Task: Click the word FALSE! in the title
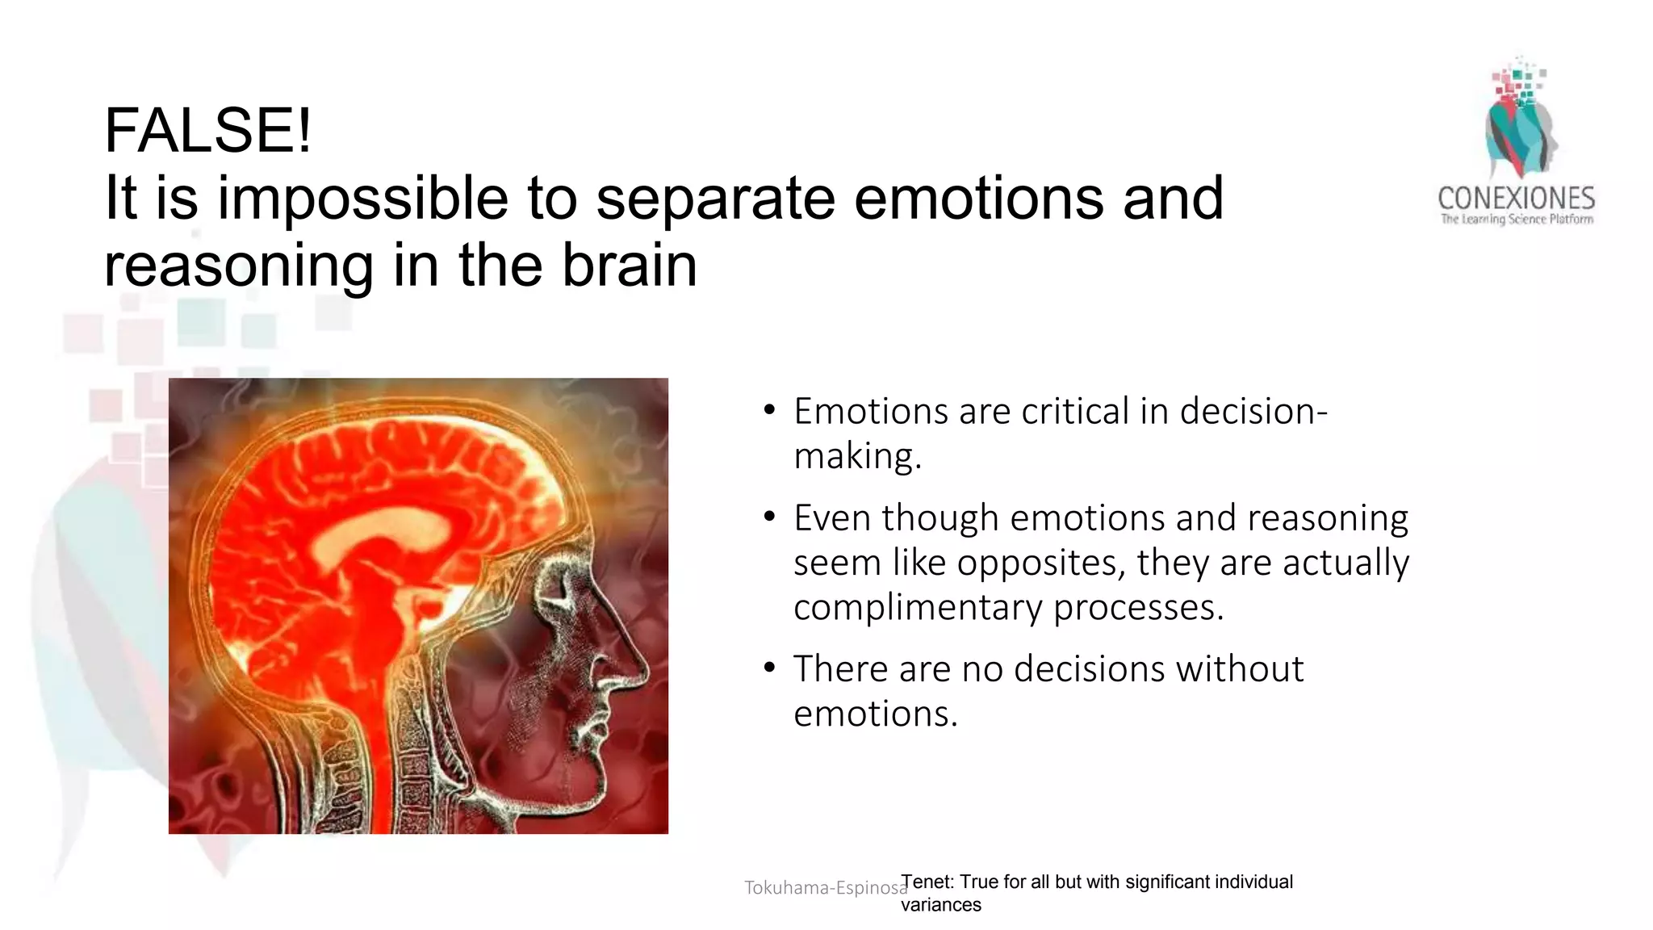(x=207, y=131)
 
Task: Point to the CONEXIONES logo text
(x=1516, y=199)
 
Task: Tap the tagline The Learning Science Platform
(x=1517, y=220)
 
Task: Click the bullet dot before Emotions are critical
(x=769, y=411)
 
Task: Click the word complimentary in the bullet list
(x=918, y=607)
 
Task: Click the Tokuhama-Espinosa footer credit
(x=825, y=888)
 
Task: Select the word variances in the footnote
(x=940, y=905)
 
